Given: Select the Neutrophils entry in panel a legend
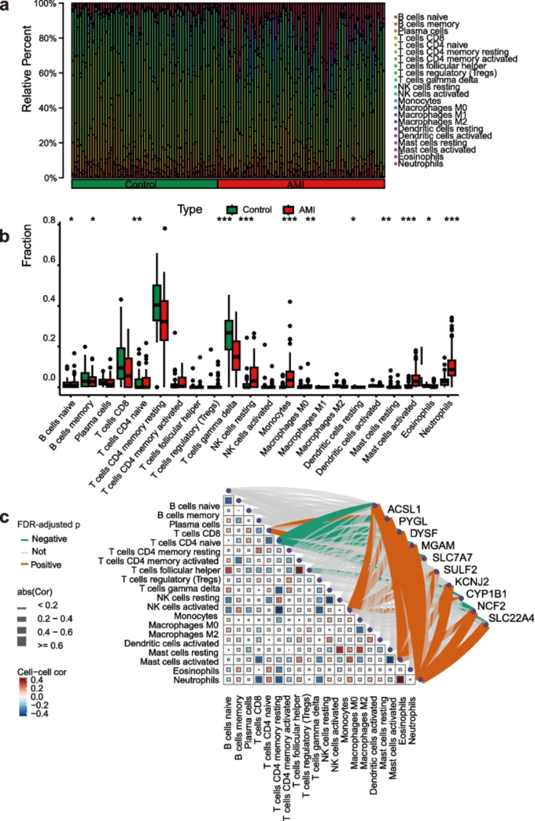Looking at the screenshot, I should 420,164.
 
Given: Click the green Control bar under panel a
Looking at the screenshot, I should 144,184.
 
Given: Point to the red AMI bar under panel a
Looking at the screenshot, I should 301,184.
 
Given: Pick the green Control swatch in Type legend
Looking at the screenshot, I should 233,209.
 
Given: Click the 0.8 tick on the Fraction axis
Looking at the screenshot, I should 48,220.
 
